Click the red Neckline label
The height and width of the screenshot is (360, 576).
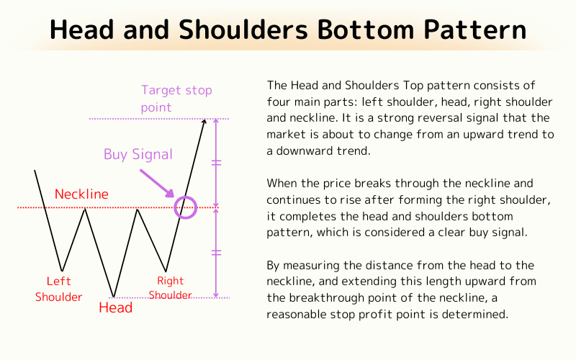point(81,194)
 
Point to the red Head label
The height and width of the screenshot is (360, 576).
point(115,308)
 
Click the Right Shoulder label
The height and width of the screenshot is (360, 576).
point(171,288)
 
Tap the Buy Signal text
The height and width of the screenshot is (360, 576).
point(138,154)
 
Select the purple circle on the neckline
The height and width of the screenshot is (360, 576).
point(186,207)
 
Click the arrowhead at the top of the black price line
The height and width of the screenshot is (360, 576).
point(204,121)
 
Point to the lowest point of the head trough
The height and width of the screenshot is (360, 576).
point(113,296)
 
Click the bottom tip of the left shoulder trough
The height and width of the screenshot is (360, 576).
point(62,271)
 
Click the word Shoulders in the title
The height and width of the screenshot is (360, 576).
point(217,30)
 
